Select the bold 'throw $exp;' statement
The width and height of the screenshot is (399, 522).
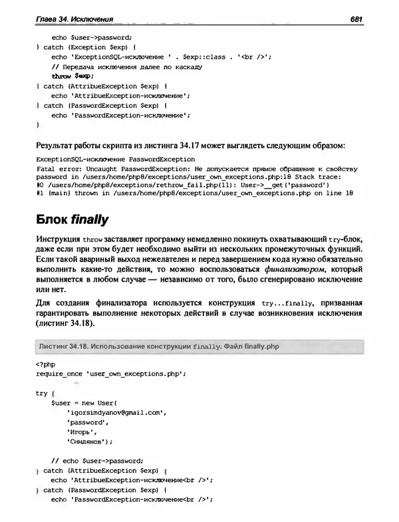(x=72, y=76)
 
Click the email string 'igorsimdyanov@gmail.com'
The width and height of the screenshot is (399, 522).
(x=114, y=413)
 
